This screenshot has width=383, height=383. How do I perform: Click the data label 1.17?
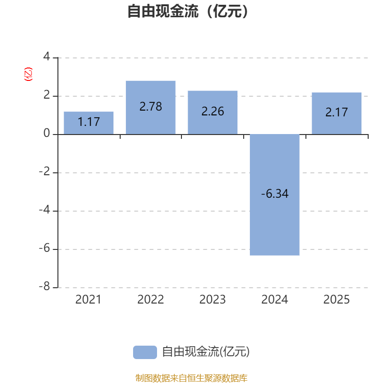(89, 122)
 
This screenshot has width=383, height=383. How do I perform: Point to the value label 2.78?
(150, 107)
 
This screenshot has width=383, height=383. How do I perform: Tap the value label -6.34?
(275, 194)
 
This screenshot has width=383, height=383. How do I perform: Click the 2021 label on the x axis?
(89, 300)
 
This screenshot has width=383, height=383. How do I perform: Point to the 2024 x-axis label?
(275, 300)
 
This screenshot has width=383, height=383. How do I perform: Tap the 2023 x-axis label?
(213, 300)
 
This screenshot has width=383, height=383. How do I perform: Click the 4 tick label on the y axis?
(46, 57)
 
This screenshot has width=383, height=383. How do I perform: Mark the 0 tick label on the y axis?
(46, 134)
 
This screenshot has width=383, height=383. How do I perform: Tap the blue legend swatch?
(145, 352)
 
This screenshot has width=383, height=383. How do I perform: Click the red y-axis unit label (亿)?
(28, 74)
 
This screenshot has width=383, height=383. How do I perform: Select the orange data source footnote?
(191, 378)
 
